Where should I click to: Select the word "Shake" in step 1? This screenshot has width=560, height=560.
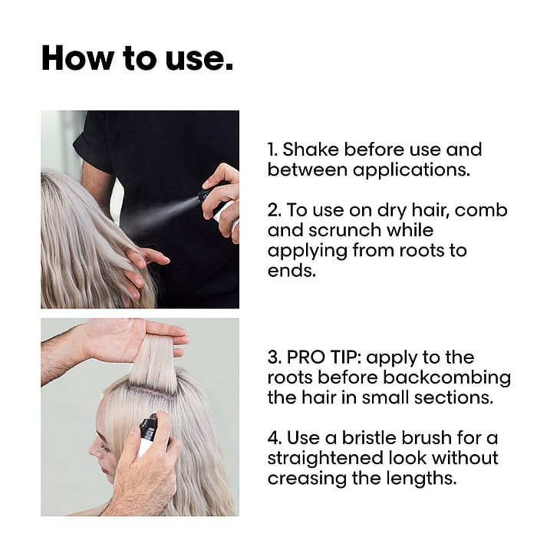pos(311,150)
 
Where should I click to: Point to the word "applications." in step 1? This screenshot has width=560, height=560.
pos(411,171)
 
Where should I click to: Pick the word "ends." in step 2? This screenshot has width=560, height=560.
pos(292,271)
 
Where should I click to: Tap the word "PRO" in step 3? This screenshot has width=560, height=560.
pos(306,357)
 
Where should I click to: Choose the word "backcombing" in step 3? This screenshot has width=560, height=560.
pos(446,379)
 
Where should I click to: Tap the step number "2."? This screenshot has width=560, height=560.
pos(275,210)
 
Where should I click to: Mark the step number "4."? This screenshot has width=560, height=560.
pos(275,438)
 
